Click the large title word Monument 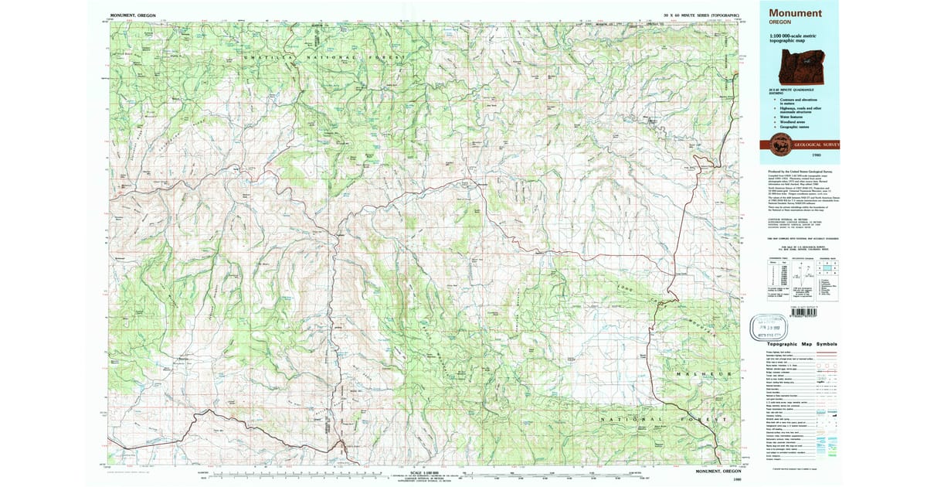coord(796,13)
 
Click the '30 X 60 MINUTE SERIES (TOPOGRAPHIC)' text coord(702,15)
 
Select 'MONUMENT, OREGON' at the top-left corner coord(132,15)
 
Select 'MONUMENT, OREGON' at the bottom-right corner coord(719,471)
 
